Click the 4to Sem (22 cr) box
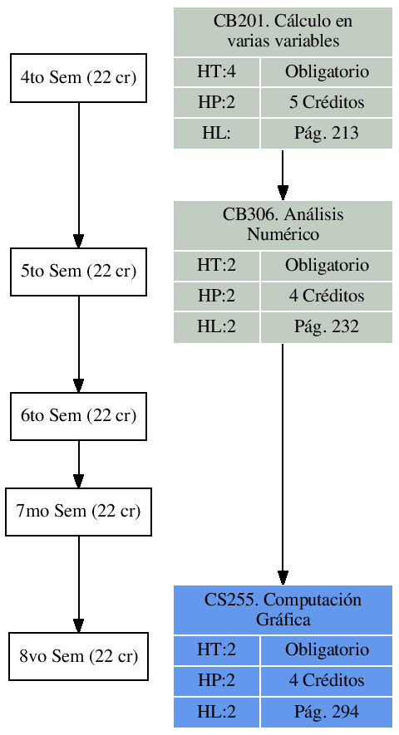pos(78,78)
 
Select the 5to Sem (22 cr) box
pos(78,272)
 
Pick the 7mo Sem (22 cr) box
pos(78,512)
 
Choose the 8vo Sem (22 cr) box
pos(78,657)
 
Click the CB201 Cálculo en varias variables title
pos(283,32)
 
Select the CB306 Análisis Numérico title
pos(283,224)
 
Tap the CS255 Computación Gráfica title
pos(283,610)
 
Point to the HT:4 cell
pos(216,72)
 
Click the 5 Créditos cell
pos(326,102)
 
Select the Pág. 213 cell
pos(326,133)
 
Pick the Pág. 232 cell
pos(326,327)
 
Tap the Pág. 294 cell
pos(326,713)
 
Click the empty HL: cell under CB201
pos(216,133)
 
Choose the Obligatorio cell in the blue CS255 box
pos(326,650)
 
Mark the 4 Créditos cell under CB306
pos(326,296)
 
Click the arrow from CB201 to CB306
pos(283,174)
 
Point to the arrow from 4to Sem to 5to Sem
pos(78,174)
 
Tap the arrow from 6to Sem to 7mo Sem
pos(78,463)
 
